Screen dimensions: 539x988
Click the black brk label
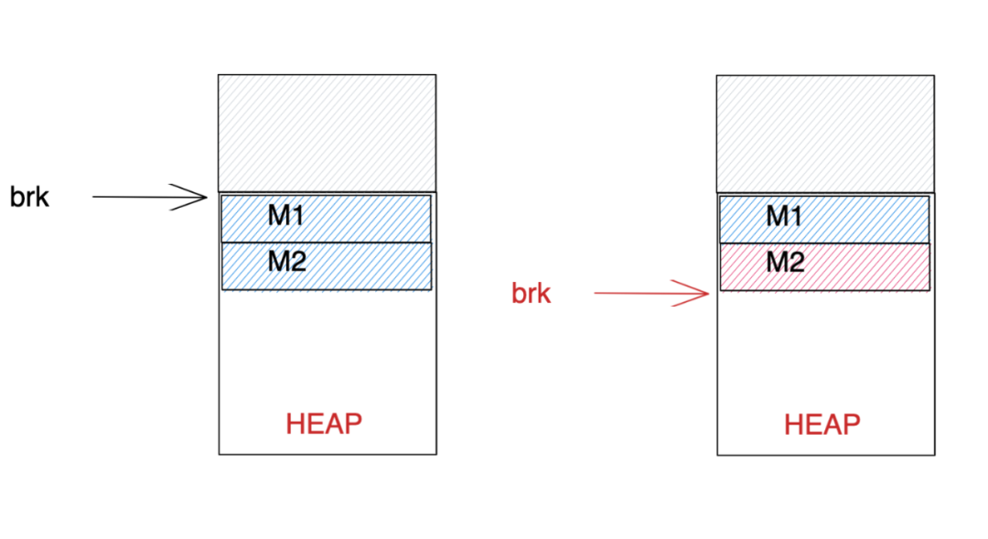pos(29,197)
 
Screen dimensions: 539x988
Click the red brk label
pos(531,294)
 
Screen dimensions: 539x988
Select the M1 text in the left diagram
pos(286,216)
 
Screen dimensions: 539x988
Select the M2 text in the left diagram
pos(286,263)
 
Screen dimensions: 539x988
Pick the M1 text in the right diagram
pos(785,216)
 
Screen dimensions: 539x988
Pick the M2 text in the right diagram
pos(785,263)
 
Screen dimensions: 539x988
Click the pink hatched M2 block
pos(869,266)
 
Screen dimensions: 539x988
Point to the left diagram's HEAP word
pos(324,424)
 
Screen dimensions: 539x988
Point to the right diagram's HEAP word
pos(822,425)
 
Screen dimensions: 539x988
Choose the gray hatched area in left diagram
pos(327,133)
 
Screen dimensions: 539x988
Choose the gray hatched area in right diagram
pos(825,133)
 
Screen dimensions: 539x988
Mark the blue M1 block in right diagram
pos(869,219)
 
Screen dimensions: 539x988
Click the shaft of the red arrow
pos(640,294)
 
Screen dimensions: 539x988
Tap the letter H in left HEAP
pos(295,424)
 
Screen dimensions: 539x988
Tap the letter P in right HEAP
pos(851,425)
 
